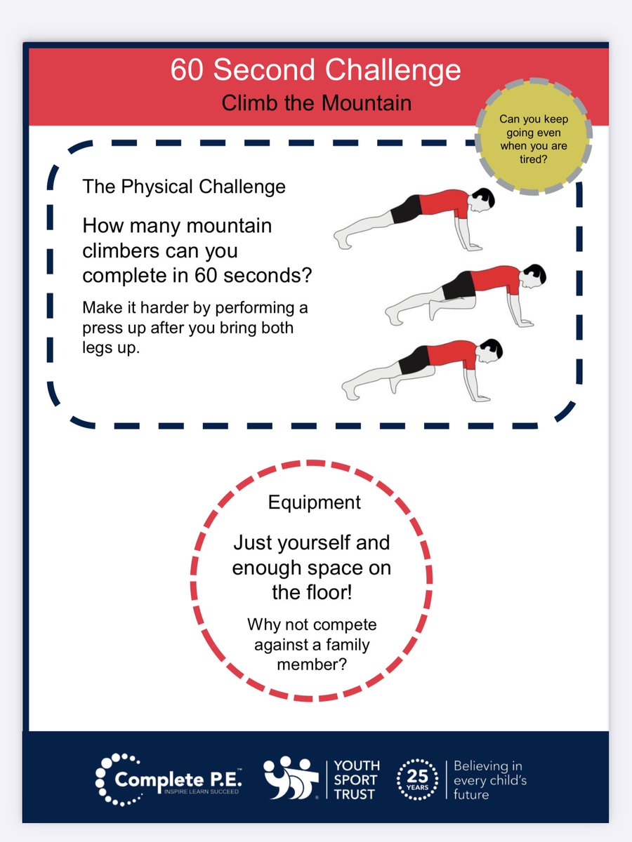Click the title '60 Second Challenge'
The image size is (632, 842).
click(x=315, y=71)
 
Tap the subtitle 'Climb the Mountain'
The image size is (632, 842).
click(x=316, y=102)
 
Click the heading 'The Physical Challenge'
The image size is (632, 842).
click(x=184, y=187)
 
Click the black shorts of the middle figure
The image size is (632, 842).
click(x=458, y=285)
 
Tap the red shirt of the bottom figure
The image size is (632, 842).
click(x=453, y=352)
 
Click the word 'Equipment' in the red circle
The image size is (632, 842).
click(x=314, y=502)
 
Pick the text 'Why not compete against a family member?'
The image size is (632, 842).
click(x=312, y=643)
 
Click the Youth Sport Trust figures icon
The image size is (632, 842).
click(x=291, y=778)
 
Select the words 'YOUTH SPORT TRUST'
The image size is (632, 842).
click(x=357, y=780)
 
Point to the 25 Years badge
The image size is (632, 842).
click(x=417, y=780)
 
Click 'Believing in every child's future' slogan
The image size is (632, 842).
click(x=489, y=780)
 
